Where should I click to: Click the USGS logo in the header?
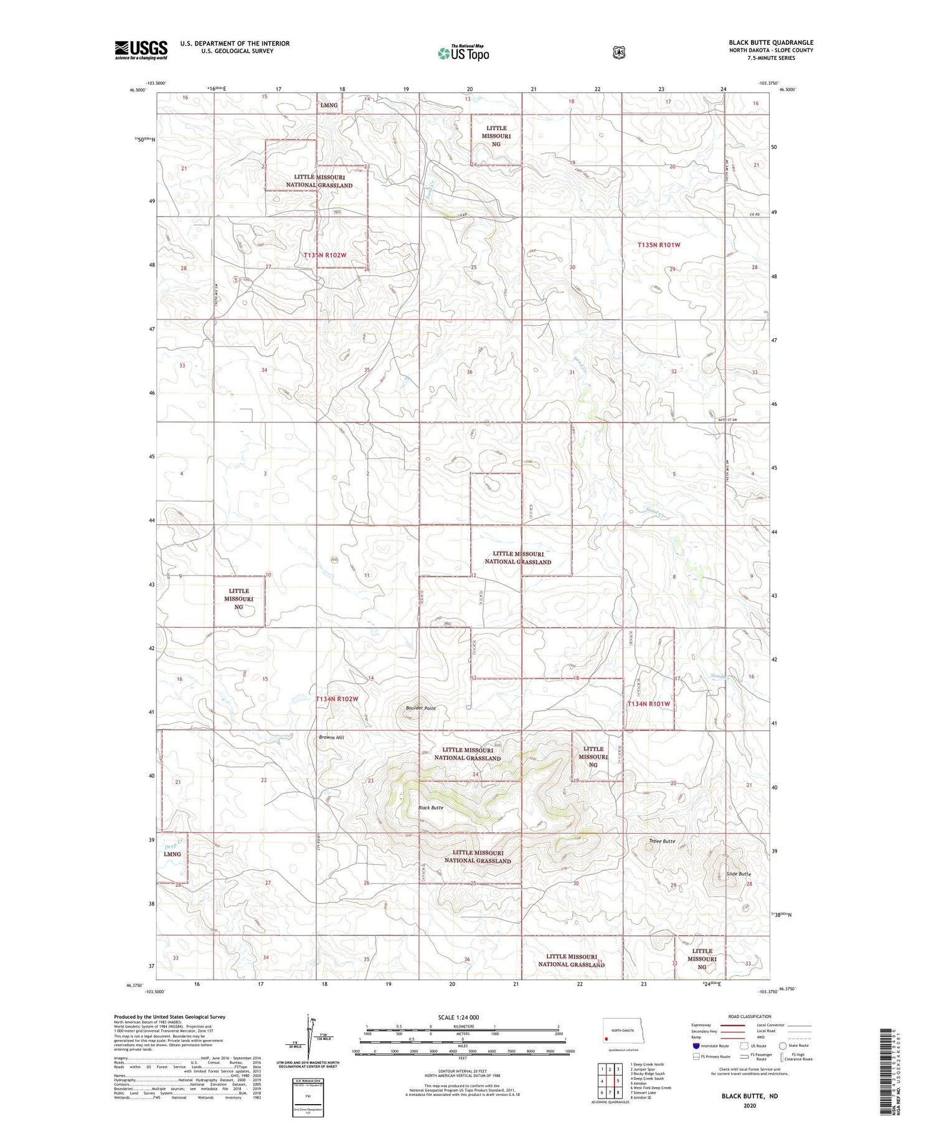click(141, 50)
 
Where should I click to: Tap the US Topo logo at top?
click(464, 53)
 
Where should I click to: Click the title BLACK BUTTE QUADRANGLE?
click(771, 42)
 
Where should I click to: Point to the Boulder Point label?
click(421, 708)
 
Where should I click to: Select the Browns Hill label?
click(331, 737)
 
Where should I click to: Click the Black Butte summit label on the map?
click(431, 808)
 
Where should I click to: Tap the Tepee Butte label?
click(661, 841)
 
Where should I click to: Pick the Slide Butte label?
click(739, 874)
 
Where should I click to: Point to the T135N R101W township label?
click(659, 245)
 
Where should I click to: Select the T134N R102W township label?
click(337, 699)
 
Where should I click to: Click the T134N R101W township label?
click(648, 704)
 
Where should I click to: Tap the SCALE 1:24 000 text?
click(458, 1017)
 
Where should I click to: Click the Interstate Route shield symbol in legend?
click(696, 1046)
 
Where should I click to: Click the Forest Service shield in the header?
click(618, 53)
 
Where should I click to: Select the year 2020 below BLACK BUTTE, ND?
click(750, 1106)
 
